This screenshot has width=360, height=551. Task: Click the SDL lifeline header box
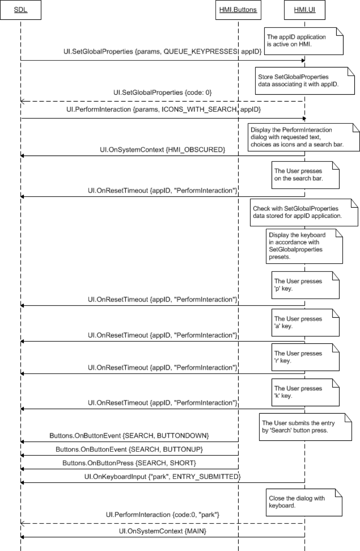pos(21,10)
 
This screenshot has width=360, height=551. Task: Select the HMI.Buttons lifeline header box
pos(238,10)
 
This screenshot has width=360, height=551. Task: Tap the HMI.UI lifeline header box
pos(304,10)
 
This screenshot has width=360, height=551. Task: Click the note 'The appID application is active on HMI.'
pos(303,41)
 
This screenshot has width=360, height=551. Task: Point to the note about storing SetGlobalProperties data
pos(304,81)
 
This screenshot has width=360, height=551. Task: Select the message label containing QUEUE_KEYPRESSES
pos(162,52)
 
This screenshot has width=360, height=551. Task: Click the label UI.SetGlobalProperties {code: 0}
pos(162,93)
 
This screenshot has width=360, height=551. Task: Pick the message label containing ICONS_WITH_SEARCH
pos(163,109)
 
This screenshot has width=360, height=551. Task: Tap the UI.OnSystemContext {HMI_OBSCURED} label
pos(162,150)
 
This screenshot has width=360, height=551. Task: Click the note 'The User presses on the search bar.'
pos(305,175)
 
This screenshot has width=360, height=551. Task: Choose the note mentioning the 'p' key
pos(305,285)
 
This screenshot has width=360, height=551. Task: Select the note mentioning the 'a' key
pos(305,323)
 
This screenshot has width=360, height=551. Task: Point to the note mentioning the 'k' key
pos(305,392)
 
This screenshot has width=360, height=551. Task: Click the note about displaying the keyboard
pos(304,246)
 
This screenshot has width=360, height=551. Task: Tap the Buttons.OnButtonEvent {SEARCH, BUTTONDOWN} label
pos(129,435)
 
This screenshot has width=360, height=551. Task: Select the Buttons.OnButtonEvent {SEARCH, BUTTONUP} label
pos(129,449)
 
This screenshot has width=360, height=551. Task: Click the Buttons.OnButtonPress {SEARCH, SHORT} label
pos(129,463)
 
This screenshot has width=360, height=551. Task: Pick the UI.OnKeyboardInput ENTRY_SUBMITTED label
pos(162,477)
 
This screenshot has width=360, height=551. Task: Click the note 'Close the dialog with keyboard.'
pos(304,502)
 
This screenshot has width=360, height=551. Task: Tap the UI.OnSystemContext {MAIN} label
pos(162,531)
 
